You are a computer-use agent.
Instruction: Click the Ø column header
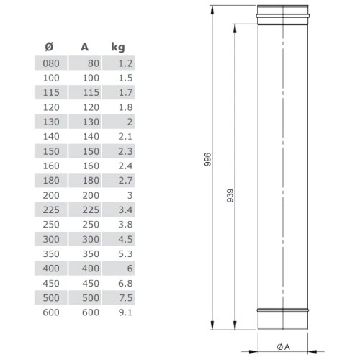click(x=49, y=47)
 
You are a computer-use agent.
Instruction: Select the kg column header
click(x=118, y=47)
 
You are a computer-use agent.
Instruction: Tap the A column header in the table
click(x=84, y=47)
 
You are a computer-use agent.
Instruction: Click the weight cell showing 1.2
click(x=125, y=63)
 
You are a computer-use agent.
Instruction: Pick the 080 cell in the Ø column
click(x=51, y=63)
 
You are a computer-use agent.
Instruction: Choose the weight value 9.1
click(x=125, y=312)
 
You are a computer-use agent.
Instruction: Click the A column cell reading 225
click(x=91, y=210)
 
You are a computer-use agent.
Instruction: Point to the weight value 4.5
click(x=125, y=239)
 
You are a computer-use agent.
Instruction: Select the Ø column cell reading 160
click(x=51, y=166)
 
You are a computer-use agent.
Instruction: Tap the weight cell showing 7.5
click(x=125, y=298)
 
